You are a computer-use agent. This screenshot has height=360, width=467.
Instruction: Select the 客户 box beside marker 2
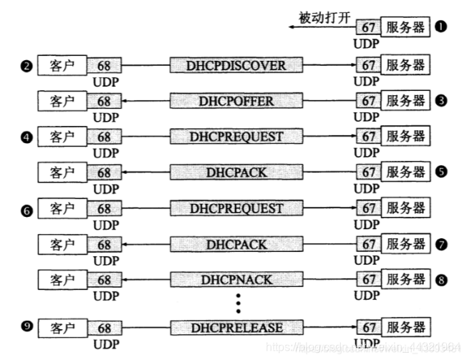pos(62,66)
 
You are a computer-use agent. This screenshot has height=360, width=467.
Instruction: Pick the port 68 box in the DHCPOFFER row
pos(105,101)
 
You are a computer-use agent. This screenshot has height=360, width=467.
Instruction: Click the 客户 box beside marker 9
pos(62,328)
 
